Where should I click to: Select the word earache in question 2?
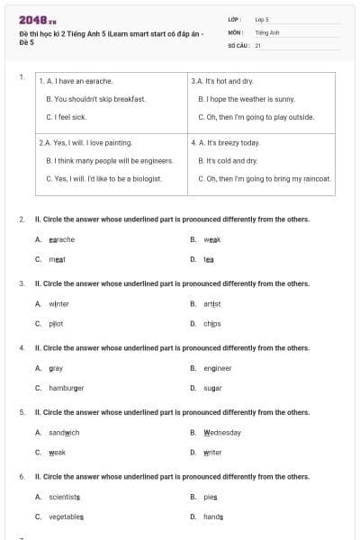62,239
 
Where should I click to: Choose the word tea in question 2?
209,259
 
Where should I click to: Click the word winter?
59,304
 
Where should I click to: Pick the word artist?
212,304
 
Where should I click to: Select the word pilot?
57,323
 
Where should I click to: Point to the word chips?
212,323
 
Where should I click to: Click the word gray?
56,368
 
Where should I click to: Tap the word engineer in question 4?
218,368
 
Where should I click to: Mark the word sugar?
212,388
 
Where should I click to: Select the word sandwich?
65,433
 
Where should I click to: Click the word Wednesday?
222,433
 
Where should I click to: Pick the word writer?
212,452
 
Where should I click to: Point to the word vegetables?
67,517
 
